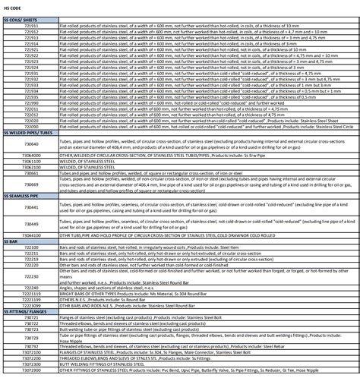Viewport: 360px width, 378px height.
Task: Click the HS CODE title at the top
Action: pyautogui.click(x=13, y=6)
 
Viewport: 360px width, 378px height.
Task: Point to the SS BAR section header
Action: pyautogui.click(x=11, y=241)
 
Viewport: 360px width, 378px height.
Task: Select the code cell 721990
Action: pyautogui.click(x=31, y=102)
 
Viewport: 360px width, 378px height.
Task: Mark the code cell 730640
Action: pyautogui.click(x=31, y=142)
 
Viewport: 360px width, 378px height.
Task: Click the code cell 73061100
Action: pyautogui.click(x=31, y=160)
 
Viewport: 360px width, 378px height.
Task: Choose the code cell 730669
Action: pyautogui.click(x=31, y=182)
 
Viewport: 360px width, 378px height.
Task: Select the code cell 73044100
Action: pyautogui.click(x=31, y=235)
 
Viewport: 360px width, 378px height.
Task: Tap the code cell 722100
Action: pyautogui.click(x=31, y=247)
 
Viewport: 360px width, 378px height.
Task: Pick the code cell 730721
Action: pyautogui.click(x=31, y=316)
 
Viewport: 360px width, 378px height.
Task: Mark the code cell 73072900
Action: pyautogui.click(x=31, y=371)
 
